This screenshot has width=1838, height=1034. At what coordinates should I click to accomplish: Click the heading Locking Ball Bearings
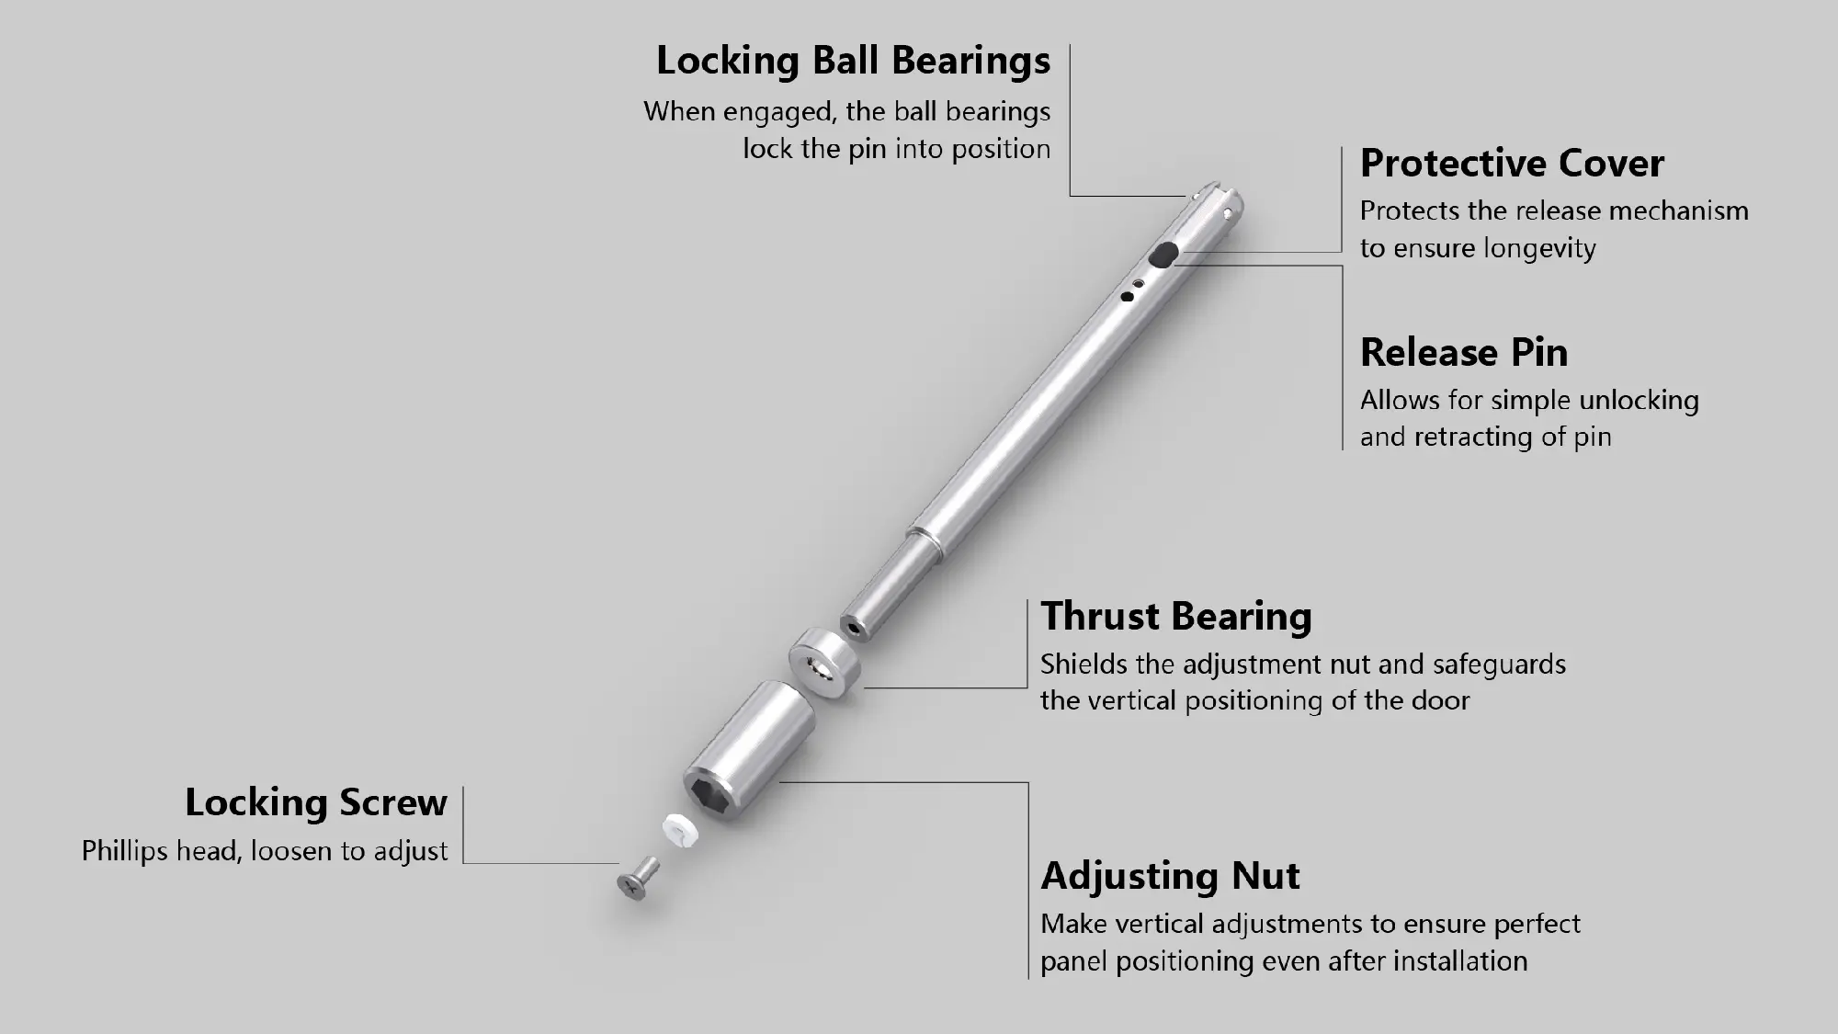[x=853, y=62]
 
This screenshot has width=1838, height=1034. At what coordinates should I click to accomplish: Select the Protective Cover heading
[x=1512, y=164]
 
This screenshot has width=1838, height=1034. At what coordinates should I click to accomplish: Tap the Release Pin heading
[x=1464, y=353]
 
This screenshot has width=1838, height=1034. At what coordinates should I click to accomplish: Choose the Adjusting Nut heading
[x=1170, y=877]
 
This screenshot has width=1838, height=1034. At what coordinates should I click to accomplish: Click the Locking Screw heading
[x=316, y=802]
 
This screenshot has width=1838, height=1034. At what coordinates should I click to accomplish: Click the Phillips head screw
[x=638, y=879]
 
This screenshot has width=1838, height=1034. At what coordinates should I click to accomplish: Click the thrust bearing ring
[x=825, y=658]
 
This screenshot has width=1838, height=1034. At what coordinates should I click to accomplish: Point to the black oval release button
[x=1165, y=254]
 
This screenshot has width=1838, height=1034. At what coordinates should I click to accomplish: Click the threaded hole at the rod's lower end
[x=856, y=628]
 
